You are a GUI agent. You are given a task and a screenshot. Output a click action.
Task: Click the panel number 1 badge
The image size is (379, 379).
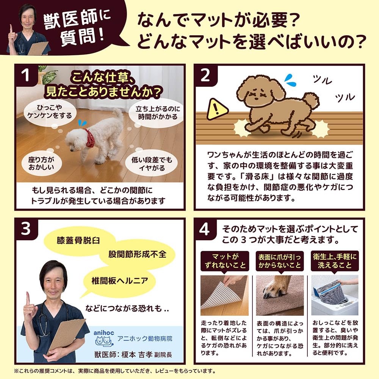[26, 75]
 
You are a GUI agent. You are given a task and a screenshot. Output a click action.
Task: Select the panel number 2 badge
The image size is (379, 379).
[205, 75]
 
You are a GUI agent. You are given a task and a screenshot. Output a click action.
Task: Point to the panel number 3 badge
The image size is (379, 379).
[26, 229]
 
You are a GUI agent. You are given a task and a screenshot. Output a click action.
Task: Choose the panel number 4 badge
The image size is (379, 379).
[205, 229]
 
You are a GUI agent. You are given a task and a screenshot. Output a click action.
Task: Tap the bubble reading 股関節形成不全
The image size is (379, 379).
[137, 254]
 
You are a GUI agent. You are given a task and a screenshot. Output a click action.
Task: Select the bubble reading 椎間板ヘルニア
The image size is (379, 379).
[119, 281]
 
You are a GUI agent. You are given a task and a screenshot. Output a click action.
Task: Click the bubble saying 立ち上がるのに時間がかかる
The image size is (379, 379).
[158, 113]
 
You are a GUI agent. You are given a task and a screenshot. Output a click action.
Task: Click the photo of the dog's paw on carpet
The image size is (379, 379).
[280, 295]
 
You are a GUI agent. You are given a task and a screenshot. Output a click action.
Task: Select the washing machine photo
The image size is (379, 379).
[335, 295]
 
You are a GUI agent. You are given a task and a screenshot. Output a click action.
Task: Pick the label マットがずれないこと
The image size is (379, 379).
[225, 261]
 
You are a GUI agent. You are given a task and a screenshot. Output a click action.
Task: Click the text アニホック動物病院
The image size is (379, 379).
[145, 338]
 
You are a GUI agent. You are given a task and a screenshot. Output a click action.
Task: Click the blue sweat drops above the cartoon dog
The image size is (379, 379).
[290, 80]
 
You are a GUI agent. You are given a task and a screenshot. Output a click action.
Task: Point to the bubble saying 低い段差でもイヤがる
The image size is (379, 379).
[152, 164]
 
